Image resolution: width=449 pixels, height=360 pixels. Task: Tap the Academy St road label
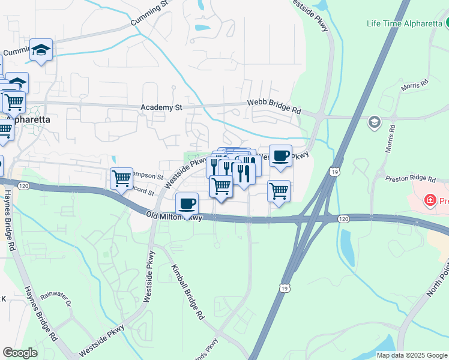coord(161,107)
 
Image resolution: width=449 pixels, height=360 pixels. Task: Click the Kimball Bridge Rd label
coord(187,290)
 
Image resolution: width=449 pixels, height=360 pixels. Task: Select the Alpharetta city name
coord(26,119)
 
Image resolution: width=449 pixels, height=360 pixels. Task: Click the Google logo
coord(20,353)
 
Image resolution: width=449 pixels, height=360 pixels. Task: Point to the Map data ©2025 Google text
coord(411,355)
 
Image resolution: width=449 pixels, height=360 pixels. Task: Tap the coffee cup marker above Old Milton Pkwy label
coord(187,203)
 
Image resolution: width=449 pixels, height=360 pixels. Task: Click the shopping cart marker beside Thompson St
coord(122,178)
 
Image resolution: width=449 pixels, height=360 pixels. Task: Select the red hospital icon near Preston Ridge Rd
coord(429,200)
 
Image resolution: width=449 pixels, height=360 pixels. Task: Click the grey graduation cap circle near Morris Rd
coord(374,122)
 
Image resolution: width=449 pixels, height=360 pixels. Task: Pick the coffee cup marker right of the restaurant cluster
coord(280,156)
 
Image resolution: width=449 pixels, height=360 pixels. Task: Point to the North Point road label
coord(438,282)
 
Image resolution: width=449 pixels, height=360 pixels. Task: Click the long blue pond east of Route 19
coord(347,246)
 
